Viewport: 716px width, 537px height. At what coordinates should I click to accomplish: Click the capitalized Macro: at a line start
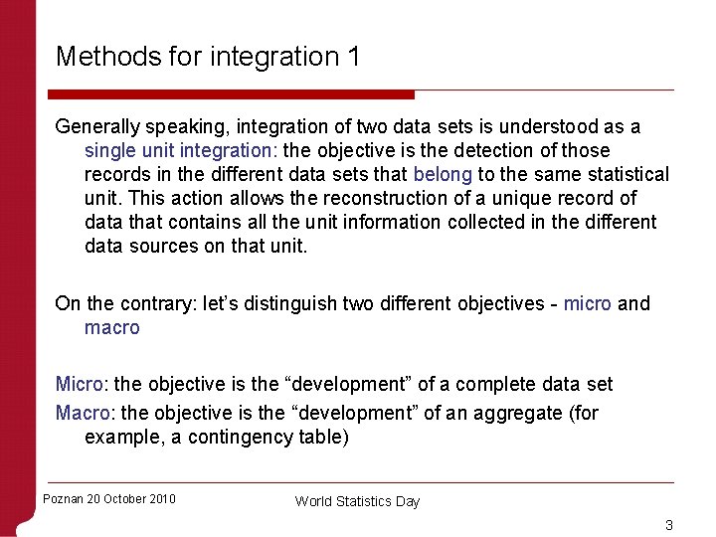[x=86, y=413]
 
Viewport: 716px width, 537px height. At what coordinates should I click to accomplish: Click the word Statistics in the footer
[x=357, y=502]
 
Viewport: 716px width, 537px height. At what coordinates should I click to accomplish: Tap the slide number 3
[x=669, y=525]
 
